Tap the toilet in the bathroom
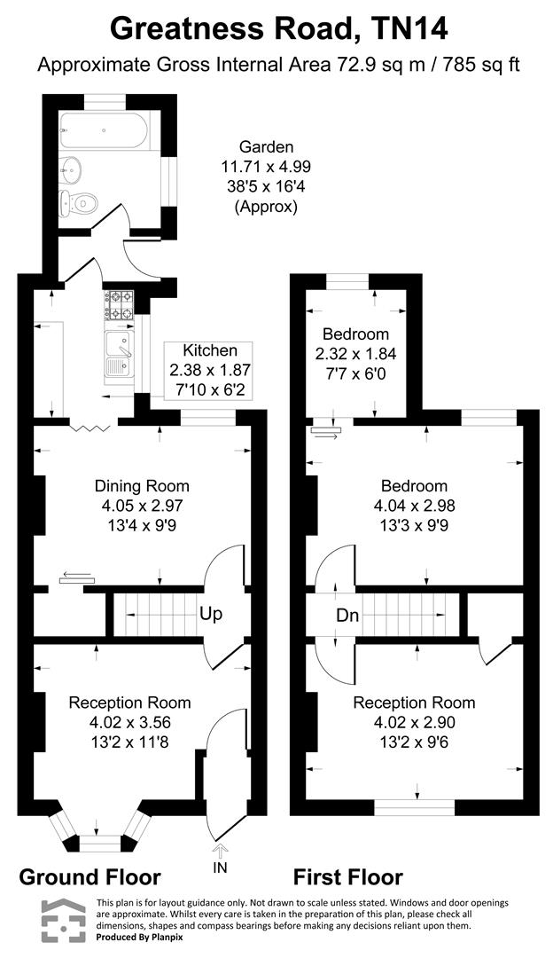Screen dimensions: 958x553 [x=77, y=203]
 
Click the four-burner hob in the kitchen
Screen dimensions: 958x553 [x=119, y=304]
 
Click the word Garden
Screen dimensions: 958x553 [x=265, y=147]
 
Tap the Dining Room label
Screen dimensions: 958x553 [x=142, y=486]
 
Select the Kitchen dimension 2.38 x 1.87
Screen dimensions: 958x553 [x=210, y=370]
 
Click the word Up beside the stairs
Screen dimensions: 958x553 [x=210, y=614]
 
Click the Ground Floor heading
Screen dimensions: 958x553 [x=90, y=877]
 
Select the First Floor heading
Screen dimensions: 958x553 [x=348, y=877]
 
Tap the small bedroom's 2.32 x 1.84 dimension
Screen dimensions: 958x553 [x=355, y=353]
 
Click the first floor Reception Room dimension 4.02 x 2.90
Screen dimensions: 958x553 [x=415, y=722]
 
